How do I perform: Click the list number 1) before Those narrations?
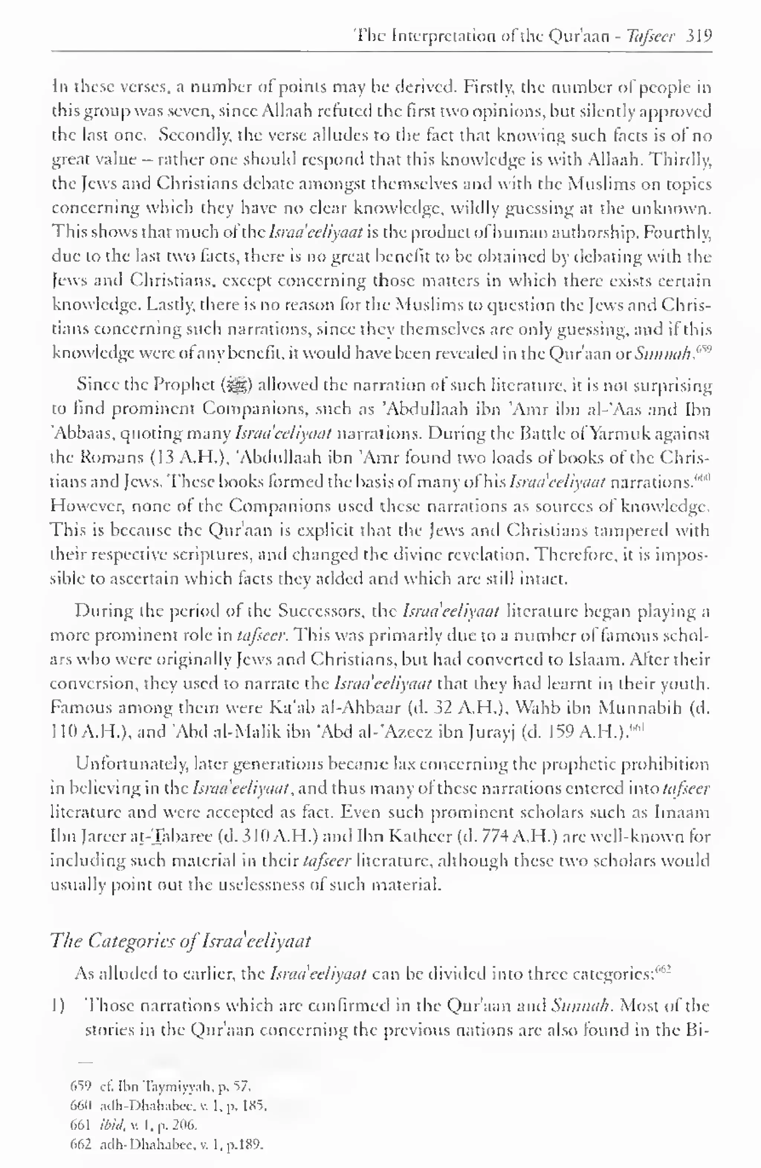[x=58, y=1006]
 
